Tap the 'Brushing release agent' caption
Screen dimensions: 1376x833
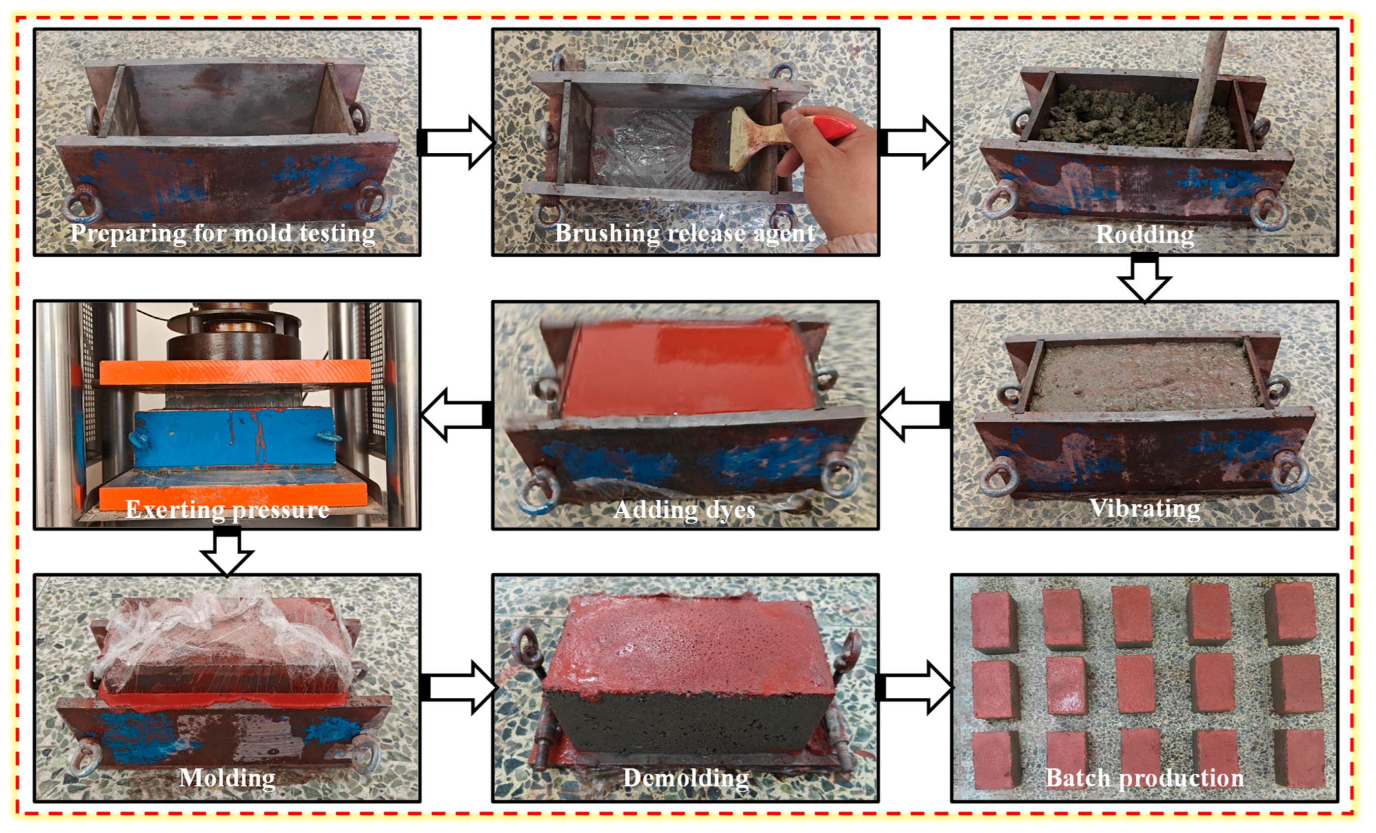tap(685, 233)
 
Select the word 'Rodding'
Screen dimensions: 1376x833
tap(1145, 234)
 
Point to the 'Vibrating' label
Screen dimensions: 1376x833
tap(1145, 508)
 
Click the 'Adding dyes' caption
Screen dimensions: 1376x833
tap(685, 509)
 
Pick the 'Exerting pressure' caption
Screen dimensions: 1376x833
tap(227, 509)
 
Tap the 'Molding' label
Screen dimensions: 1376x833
tap(227, 777)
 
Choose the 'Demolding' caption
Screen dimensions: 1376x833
tap(686, 777)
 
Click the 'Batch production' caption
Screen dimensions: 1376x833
tap(1145, 777)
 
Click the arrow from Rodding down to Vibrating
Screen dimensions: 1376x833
tap(1145, 277)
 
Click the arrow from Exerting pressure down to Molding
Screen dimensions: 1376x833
tap(227, 551)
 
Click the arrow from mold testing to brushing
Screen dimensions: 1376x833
tap(456, 142)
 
